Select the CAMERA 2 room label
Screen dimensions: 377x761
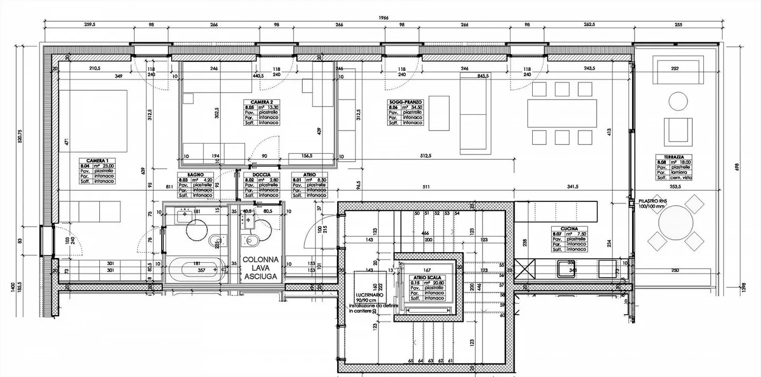[261, 102]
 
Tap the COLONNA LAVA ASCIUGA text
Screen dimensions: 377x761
[261, 268]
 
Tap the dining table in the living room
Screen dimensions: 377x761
[562, 114]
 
